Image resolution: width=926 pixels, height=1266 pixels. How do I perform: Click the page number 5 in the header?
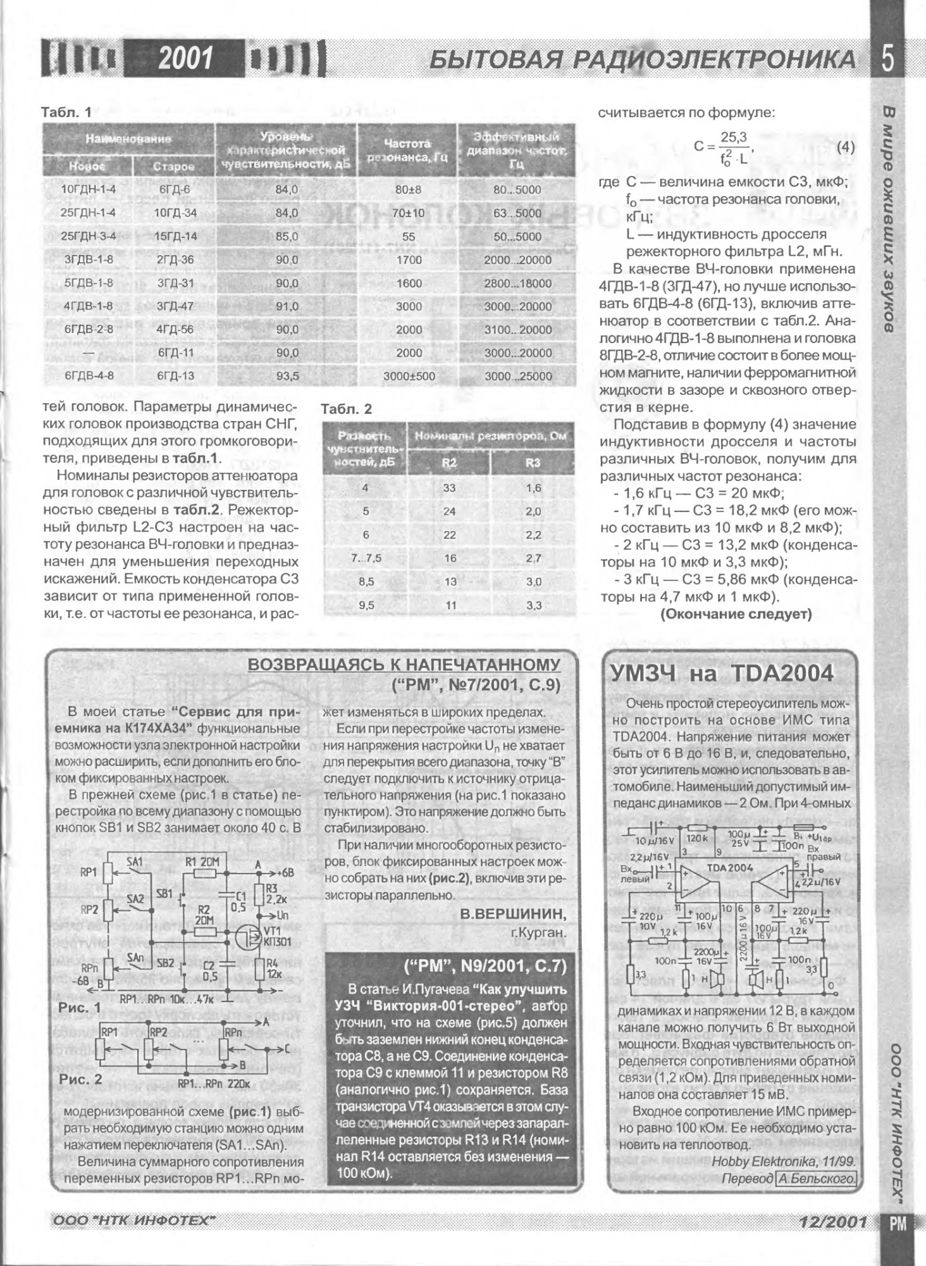[887, 60]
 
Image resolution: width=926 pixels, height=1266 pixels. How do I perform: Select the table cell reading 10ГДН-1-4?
[88, 189]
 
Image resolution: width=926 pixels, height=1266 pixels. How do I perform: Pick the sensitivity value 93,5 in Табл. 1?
[287, 376]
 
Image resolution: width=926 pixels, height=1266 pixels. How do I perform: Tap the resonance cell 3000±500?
[409, 376]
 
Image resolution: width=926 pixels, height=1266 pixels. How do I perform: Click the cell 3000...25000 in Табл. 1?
[518, 376]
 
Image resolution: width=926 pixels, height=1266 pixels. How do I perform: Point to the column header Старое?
[174, 166]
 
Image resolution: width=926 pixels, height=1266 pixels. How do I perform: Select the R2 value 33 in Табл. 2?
[449, 488]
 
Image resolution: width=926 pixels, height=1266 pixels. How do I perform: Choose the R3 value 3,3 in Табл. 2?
[533, 605]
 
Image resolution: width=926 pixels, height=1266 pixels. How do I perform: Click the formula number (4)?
[845, 147]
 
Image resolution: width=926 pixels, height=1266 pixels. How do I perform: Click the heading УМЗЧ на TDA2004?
[722, 674]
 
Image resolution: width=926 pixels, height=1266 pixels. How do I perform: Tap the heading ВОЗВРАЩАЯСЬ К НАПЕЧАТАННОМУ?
[404, 664]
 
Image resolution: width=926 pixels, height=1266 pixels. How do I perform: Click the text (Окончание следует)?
[736, 614]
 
